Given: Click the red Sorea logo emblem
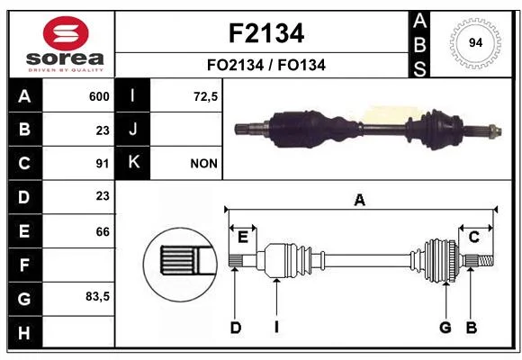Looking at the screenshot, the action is tap(66, 33).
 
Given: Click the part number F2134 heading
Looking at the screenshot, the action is tap(266, 33).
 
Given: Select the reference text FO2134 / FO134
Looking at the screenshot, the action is tap(266, 65).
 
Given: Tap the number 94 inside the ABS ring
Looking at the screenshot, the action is tap(475, 43).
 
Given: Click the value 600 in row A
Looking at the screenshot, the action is tap(99, 96).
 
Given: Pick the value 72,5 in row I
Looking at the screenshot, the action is tap(205, 96).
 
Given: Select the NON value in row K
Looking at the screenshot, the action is tap(203, 164).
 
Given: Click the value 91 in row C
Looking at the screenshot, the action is tap(103, 164).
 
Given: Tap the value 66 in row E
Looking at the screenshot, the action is tap(103, 231).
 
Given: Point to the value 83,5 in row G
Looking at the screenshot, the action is tap(97, 296).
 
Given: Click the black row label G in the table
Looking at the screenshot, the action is tap(24, 299).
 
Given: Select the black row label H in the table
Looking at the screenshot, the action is tap(24, 333).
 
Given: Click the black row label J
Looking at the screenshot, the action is tap(133, 130).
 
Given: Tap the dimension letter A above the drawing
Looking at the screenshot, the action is tap(359, 201).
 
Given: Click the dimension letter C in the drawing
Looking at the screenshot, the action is tap(473, 237).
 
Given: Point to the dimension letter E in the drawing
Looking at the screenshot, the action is tap(243, 238).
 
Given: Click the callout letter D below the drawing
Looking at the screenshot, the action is tap(236, 328).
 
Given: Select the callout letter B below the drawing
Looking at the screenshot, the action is tap(472, 328).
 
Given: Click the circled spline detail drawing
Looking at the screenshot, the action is tap(180, 265).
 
